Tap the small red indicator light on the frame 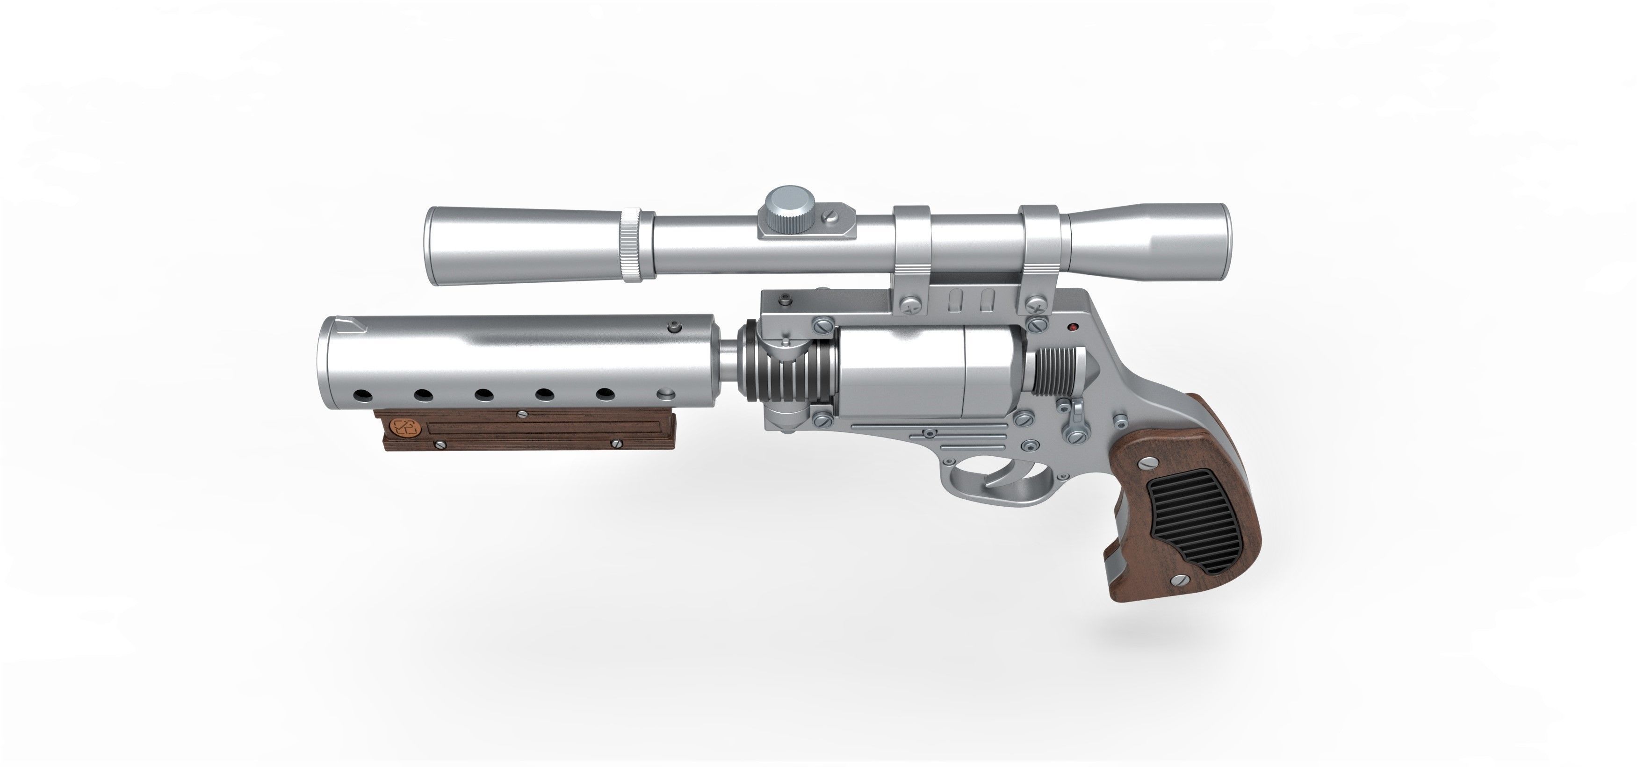click(x=1073, y=328)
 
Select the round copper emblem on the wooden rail click(x=404, y=427)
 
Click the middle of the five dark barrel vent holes click(x=484, y=395)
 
